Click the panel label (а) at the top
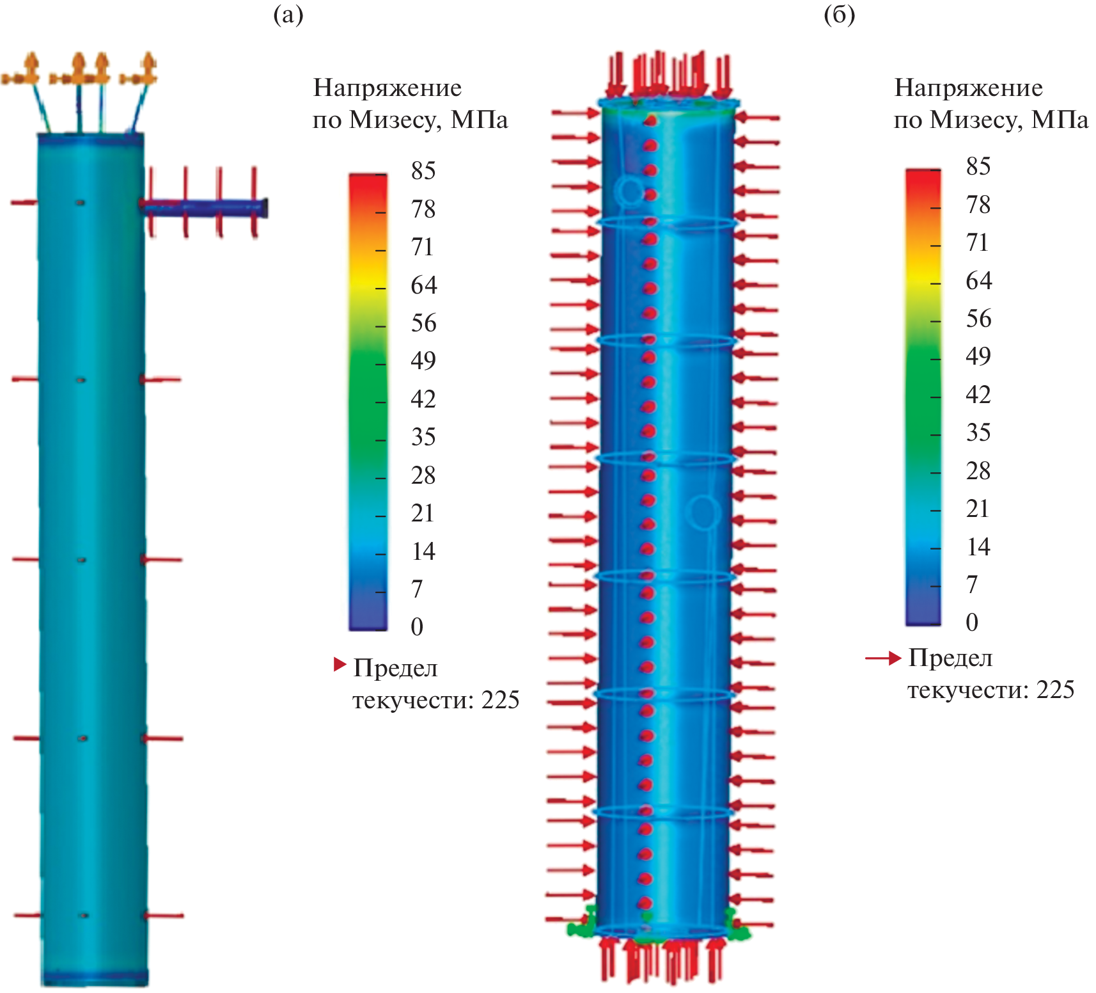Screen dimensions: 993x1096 pos(288,14)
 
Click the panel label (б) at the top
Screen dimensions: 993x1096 pos(839,14)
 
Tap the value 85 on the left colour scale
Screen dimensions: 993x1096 pos(423,171)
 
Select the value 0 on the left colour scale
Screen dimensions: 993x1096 pos(417,626)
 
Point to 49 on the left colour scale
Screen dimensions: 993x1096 pos(423,361)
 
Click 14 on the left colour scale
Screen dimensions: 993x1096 pos(423,551)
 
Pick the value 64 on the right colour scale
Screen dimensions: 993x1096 pos(978,281)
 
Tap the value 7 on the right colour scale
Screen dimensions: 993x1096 pos(972,584)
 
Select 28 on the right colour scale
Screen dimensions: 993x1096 pos(978,471)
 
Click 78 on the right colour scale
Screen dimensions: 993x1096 pos(978,205)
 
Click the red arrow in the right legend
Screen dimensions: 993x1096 pos(883,658)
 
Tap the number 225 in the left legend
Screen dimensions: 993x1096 pos(500,701)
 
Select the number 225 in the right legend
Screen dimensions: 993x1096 pos(1055,690)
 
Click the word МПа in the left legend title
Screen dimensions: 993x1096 pos(479,120)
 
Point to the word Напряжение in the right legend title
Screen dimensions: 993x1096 pos(968,88)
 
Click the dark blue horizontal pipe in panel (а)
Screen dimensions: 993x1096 pos(205,207)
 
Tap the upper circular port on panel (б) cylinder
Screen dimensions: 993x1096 pos(630,191)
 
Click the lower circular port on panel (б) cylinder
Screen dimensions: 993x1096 pos(703,512)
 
